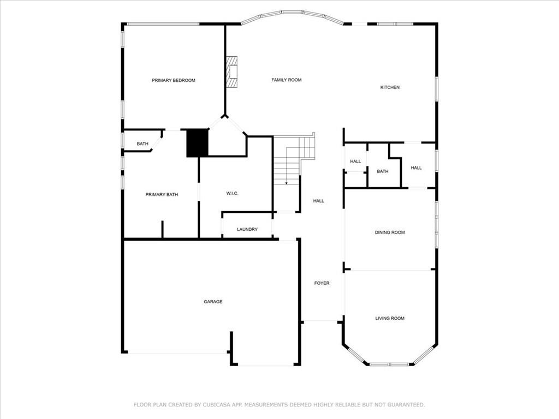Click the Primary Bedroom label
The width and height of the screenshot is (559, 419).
coord(173,80)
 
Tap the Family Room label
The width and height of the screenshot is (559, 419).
coord(287,80)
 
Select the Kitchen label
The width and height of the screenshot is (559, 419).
coord(390,87)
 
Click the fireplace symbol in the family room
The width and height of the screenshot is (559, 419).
coord(233,71)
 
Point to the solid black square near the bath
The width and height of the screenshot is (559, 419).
coord(198,143)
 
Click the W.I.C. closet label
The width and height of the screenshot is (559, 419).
coord(232,194)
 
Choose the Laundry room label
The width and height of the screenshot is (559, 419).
coord(247,230)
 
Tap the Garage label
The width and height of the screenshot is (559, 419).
coord(213,302)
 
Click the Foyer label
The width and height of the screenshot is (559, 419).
coord(322,283)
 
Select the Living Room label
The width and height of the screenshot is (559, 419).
coord(390,318)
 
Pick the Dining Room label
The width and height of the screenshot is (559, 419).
coord(390,232)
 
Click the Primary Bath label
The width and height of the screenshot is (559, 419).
coord(162,195)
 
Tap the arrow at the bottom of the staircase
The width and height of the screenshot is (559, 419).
coord(287,182)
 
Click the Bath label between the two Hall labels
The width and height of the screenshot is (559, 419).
coord(383,171)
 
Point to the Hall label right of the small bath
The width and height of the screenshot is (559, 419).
coord(416,168)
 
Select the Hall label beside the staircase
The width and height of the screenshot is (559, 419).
coord(318,201)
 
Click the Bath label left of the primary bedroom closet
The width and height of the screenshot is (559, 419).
coord(142,144)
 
